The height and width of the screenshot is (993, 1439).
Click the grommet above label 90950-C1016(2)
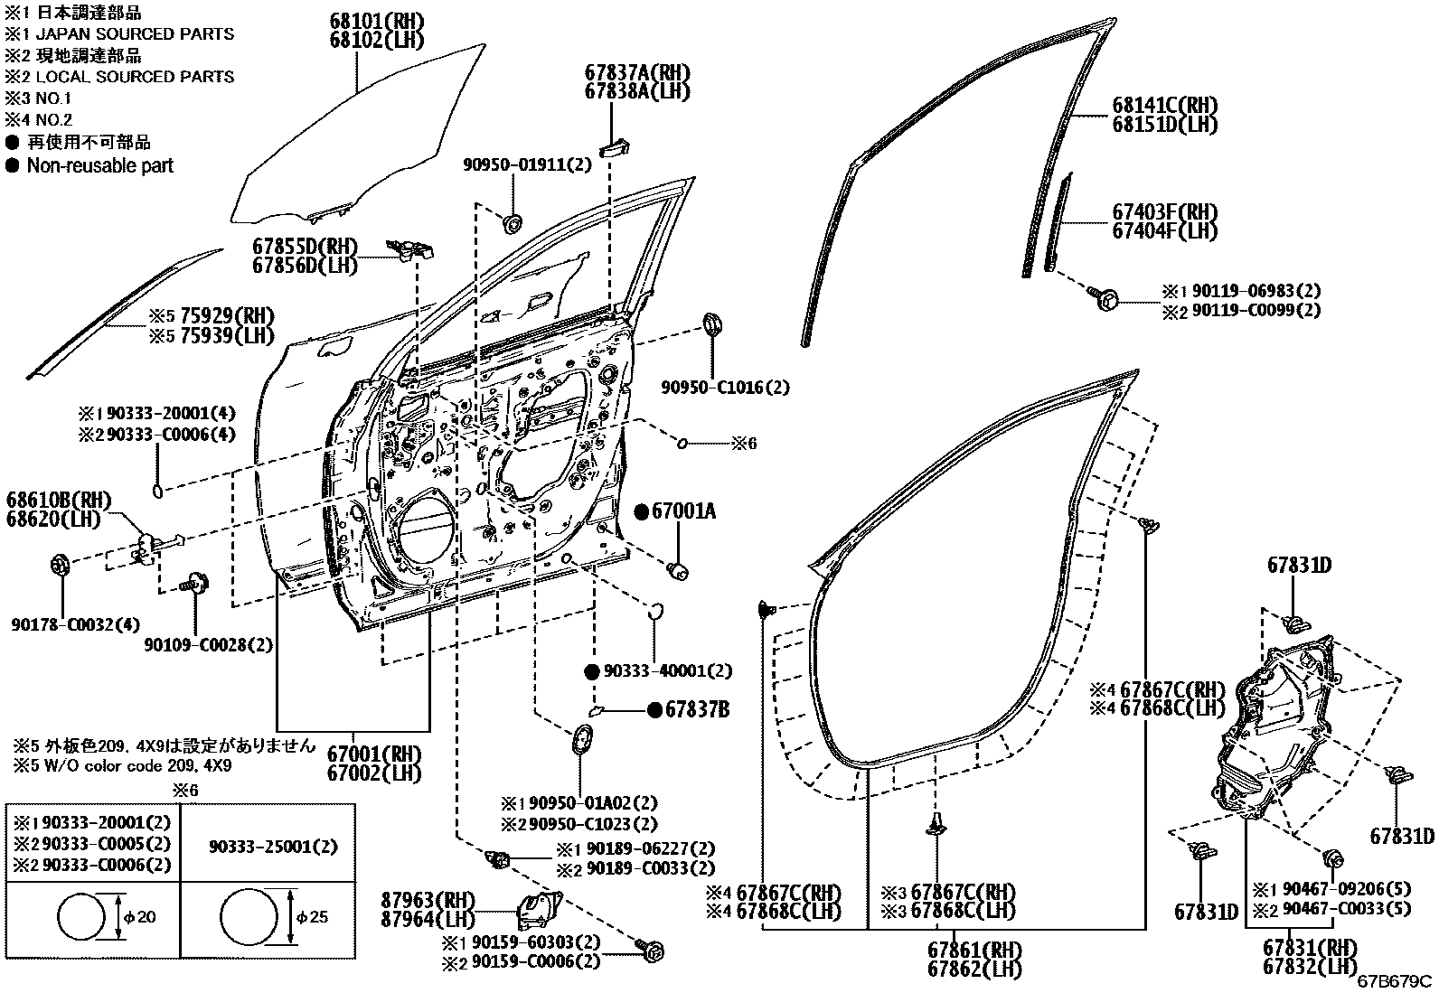(712, 323)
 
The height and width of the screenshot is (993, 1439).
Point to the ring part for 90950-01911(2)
(513, 222)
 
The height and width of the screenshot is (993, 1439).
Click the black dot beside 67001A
(641, 512)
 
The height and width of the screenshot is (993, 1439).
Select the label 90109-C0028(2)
(208, 645)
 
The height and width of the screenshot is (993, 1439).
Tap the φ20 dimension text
(140, 917)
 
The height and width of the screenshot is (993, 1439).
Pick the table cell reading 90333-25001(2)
(273, 847)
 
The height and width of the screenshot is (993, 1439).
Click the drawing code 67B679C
(1396, 981)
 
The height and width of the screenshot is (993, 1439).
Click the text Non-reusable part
(99, 165)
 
